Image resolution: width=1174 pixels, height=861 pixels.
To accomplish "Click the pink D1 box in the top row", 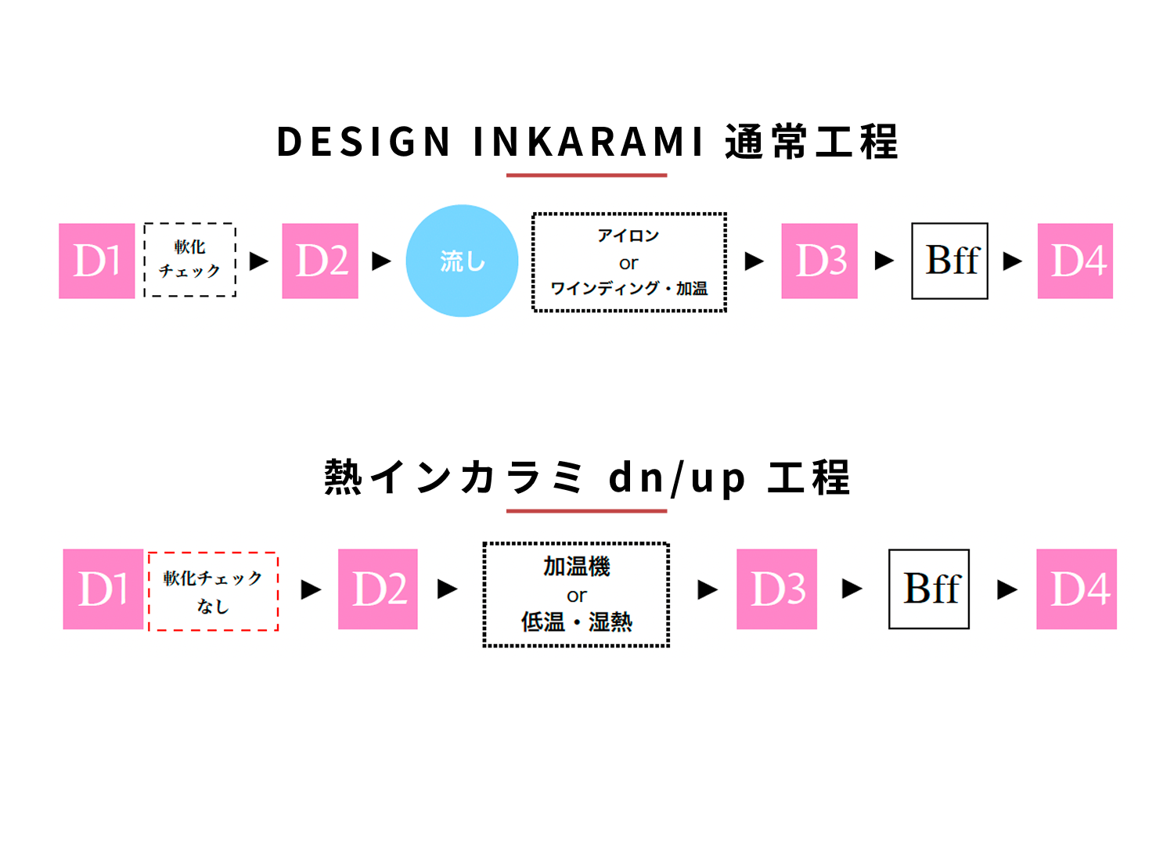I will [97, 261].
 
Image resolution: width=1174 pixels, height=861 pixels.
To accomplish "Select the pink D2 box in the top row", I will [320, 261].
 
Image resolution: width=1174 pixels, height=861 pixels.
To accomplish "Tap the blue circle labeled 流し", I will [462, 261].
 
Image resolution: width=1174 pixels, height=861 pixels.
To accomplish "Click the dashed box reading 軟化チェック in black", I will [190, 260].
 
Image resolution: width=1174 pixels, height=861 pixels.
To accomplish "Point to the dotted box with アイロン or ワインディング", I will [629, 262].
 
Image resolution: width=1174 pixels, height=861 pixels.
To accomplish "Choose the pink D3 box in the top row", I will [819, 261].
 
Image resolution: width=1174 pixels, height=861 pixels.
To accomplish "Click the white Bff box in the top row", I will [949, 261].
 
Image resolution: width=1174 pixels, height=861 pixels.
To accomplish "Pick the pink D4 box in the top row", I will [1075, 261].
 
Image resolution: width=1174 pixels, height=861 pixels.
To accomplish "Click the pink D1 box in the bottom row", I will [103, 589].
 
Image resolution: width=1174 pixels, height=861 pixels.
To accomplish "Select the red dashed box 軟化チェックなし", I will [213, 591].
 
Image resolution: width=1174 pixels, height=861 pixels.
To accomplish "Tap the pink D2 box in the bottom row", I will [378, 589].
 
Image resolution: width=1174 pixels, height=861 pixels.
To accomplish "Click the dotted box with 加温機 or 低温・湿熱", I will [577, 595].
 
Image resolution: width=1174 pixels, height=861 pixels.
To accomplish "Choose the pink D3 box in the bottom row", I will [776, 589].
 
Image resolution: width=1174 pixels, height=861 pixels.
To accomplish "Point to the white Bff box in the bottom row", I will [929, 589].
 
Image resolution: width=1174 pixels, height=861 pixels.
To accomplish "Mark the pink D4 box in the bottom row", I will [1077, 589].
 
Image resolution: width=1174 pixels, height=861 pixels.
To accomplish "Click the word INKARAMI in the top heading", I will [589, 142].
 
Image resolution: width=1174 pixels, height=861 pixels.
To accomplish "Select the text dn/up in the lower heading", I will [677, 477].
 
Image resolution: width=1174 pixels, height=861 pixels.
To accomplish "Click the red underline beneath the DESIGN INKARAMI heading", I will [586, 175].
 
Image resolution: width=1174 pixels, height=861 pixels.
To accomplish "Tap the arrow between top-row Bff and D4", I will [1013, 261].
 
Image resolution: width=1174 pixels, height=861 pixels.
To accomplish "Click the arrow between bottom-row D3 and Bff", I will [852, 589].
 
